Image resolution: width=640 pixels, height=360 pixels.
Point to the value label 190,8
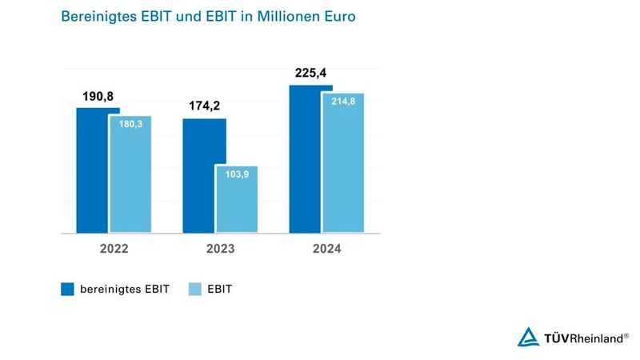click(98, 96)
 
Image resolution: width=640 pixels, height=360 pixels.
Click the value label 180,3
click(130, 124)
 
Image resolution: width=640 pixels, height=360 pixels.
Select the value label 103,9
click(237, 174)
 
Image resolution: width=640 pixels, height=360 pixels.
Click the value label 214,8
click(343, 101)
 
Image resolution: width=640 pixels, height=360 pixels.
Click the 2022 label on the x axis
click(114, 249)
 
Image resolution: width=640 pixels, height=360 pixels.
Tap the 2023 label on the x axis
click(220, 249)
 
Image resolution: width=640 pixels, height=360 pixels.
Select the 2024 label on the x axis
click(326, 249)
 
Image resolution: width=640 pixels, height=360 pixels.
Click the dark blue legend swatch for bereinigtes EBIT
click(67, 290)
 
